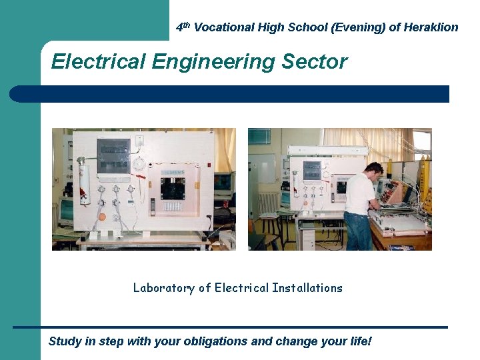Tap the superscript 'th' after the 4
click(187, 25)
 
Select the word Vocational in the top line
click(224, 27)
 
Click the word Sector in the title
click(315, 62)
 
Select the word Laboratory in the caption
click(163, 288)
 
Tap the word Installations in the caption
click(307, 288)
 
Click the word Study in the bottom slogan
click(65, 342)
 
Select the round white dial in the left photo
click(139, 164)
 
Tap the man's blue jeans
click(358, 231)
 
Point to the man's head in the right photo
click(374, 169)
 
